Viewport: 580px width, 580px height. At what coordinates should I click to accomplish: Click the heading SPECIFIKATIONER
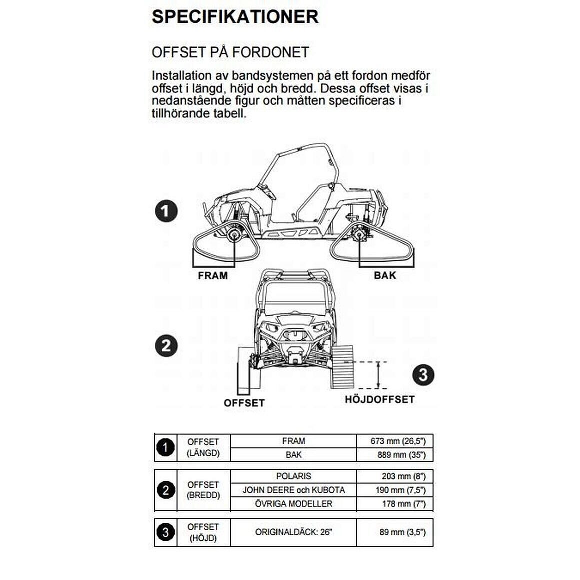[x=235, y=17]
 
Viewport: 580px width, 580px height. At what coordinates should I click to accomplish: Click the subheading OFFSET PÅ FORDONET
[x=230, y=52]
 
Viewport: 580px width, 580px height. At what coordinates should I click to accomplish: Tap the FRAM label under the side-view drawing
[x=213, y=276]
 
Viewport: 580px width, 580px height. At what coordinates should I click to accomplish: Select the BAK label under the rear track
[x=385, y=276]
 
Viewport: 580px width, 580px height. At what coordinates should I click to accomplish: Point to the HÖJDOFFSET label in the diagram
[x=380, y=399]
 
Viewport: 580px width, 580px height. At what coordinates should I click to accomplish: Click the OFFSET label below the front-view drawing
[x=244, y=403]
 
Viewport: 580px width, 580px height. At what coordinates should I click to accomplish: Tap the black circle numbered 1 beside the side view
[x=166, y=211]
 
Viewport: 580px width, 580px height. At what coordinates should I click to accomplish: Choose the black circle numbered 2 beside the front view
[x=166, y=346]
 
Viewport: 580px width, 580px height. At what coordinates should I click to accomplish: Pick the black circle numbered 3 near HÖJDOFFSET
[x=423, y=375]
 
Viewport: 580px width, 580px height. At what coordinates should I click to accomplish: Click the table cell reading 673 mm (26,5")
[x=398, y=441]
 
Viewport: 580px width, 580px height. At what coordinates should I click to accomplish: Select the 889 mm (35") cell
[x=401, y=455]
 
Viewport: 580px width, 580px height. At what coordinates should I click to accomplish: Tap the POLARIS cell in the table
[x=293, y=476]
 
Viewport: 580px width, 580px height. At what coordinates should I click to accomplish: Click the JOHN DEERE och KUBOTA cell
[x=293, y=490]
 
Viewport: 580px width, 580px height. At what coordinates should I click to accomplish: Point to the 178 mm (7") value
[x=404, y=504]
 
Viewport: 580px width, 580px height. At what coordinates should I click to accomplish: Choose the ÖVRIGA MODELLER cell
[x=293, y=504]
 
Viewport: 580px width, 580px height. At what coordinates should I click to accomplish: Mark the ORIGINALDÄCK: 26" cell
[x=293, y=532]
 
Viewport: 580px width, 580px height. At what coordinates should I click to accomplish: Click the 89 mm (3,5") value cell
[x=402, y=532]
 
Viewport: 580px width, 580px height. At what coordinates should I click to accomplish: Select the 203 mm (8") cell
[x=403, y=476]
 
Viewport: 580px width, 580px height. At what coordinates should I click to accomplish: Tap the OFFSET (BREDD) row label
[x=203, y=490]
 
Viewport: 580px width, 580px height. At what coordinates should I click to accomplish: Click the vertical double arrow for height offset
[x=378, y=375]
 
